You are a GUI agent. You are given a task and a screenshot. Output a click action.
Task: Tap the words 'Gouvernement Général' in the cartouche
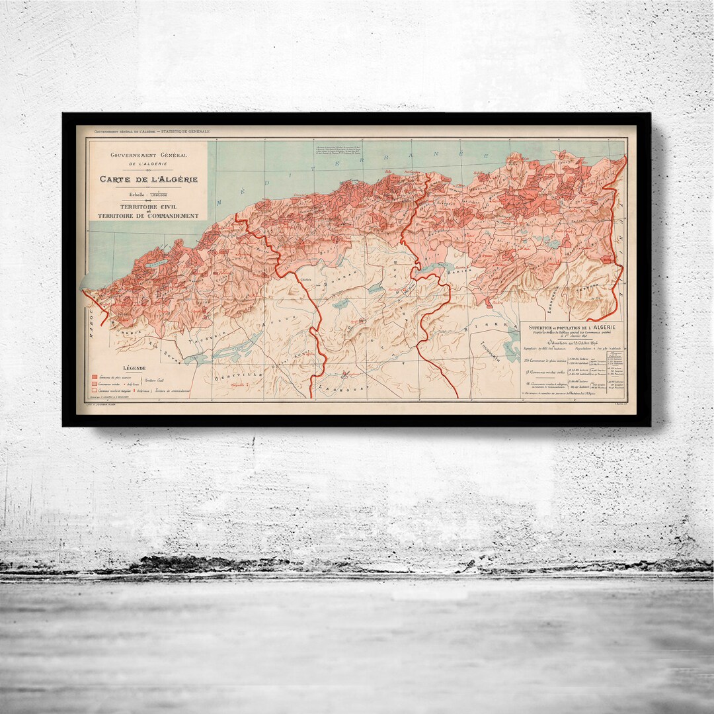coord(148,155)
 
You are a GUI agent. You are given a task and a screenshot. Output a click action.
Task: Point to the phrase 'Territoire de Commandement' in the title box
coord(148,216)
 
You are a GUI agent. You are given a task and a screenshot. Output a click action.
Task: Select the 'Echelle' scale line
coord(148,195)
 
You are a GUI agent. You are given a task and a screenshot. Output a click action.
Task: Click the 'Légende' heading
coord(134,367)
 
